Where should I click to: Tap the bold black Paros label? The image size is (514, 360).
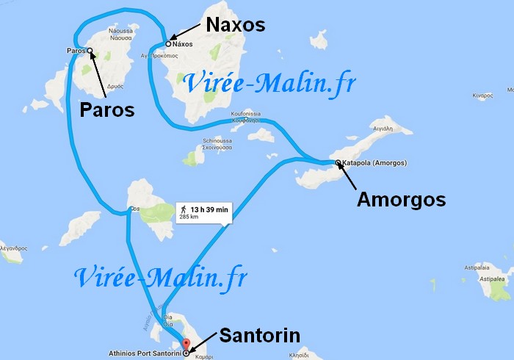click(108, 110)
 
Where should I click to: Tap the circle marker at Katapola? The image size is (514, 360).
click(338, 162)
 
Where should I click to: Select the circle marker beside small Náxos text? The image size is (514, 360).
click(168, 43)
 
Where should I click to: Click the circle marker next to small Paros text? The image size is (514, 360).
click(90, 51)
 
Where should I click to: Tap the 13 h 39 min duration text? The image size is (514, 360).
click(210, 209)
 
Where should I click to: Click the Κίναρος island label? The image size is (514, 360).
click(482, 96)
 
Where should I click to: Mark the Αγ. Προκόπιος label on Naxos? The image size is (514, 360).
click(177, 55)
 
